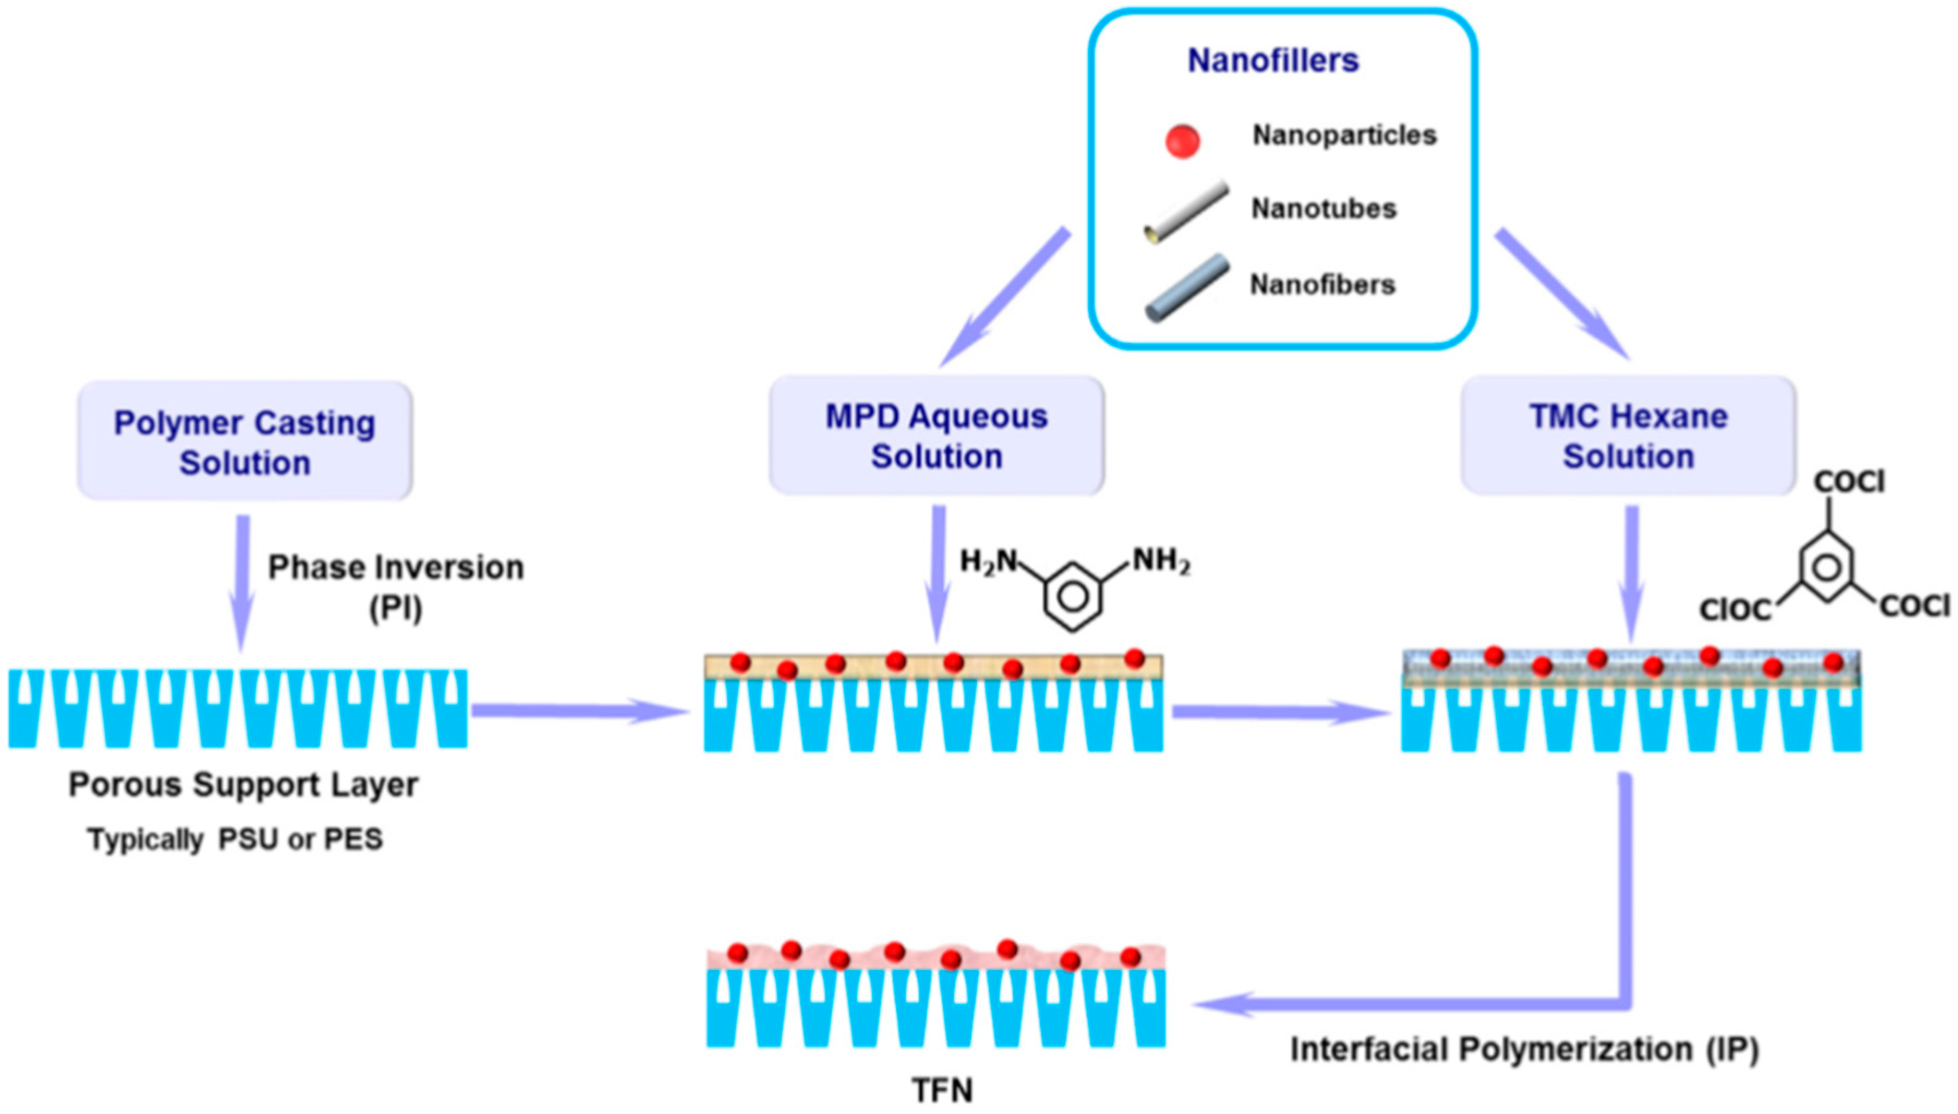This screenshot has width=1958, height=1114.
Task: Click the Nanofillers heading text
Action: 1272,60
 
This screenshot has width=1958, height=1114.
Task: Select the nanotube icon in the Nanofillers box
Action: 1186,213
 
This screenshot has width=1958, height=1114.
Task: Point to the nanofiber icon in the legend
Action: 1187,288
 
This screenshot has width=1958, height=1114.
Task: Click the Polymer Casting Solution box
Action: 245,441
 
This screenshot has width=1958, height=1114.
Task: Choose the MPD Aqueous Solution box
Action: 936,436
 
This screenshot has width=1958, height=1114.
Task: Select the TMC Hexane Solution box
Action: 1628,436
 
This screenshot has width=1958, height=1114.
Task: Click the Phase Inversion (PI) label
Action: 396,588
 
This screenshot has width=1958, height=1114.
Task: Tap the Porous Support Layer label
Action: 243,785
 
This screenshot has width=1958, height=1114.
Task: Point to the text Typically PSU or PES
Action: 235,839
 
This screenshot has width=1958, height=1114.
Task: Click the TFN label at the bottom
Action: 942,1089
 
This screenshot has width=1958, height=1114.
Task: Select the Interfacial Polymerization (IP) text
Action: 1524,1049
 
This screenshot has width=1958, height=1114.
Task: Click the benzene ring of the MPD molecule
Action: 1073,597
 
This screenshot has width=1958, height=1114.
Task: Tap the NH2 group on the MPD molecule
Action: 1160,561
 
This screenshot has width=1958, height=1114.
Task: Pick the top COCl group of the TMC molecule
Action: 1848,482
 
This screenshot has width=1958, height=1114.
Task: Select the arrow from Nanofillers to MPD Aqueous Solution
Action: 1004,297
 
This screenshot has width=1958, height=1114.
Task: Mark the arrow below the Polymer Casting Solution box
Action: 243,582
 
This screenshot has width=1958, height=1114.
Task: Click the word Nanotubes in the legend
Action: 1323,209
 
